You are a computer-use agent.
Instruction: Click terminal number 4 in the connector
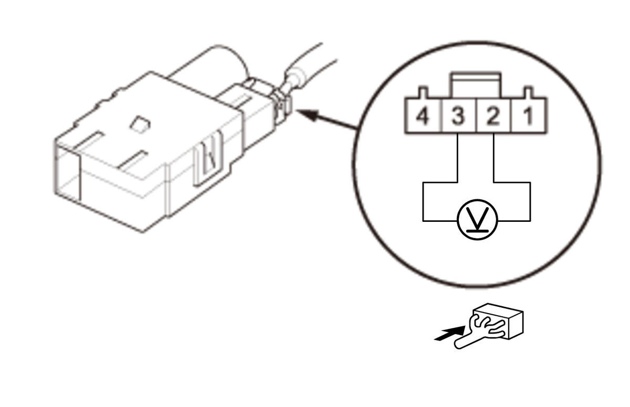423,116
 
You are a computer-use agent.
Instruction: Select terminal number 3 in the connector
458,116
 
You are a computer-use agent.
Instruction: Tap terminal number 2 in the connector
493,116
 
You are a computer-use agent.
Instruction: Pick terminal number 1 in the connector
529,116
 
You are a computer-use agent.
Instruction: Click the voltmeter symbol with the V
477,220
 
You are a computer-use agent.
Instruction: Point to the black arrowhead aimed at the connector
308,115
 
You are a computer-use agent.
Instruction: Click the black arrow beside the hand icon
449,334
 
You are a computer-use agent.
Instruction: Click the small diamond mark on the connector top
140,124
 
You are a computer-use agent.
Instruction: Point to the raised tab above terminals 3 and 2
476,85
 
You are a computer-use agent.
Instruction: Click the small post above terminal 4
423,92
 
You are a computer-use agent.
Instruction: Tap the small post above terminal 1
528,92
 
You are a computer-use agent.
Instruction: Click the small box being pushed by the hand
498,321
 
